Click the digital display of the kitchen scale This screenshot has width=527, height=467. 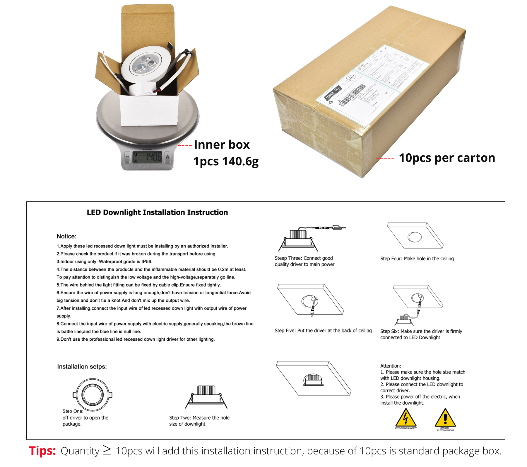(147, 157)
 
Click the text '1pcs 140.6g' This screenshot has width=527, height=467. (226, 161)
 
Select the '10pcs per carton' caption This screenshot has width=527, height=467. (447, 158)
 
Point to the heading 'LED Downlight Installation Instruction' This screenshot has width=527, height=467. (157, 212)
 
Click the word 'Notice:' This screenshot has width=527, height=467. (66, 236)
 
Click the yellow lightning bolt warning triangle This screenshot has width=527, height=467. (405, 418)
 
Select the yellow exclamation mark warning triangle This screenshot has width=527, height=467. (445, 418)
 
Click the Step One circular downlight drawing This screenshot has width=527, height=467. (92, 395)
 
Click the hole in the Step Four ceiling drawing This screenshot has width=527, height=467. (415, 237)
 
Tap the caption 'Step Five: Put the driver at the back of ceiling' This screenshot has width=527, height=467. (323, 330)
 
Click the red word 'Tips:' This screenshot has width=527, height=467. (42, 451)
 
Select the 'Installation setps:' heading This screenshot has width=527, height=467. (82, 366)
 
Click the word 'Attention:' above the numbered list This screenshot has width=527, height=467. (391, 366)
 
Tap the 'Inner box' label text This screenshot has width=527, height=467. (222, 145)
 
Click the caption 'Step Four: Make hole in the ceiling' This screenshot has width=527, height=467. (417, 259)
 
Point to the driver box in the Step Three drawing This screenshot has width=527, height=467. (336, 227)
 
